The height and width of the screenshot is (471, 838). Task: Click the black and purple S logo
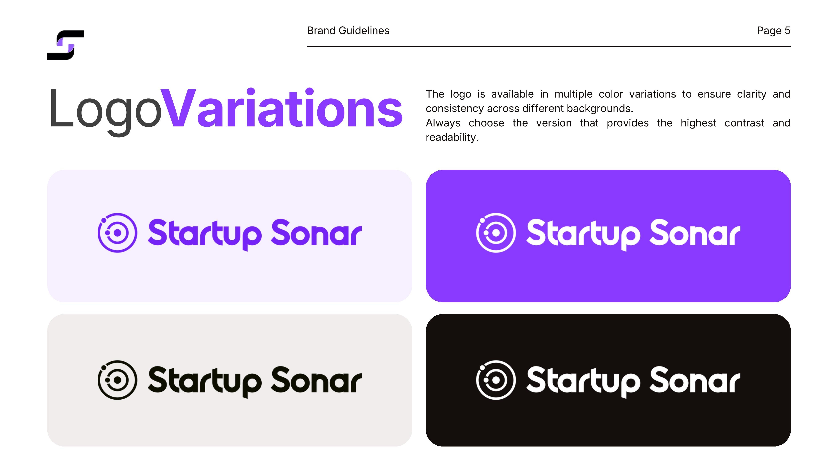click(66, 45)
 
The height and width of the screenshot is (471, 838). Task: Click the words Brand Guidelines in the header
click(348, 31)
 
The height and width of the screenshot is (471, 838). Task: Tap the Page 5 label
click(774, 31)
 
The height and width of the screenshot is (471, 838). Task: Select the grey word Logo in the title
click(105, 111)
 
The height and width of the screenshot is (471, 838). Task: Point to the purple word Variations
click(282, 108)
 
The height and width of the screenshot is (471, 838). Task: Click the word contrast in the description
click(744, 123)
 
